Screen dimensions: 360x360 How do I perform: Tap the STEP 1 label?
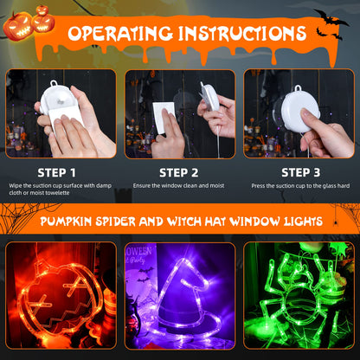57,172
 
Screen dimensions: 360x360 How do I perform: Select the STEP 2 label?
179,172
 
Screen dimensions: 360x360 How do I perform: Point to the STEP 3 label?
301,172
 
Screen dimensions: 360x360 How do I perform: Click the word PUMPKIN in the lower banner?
74,222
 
